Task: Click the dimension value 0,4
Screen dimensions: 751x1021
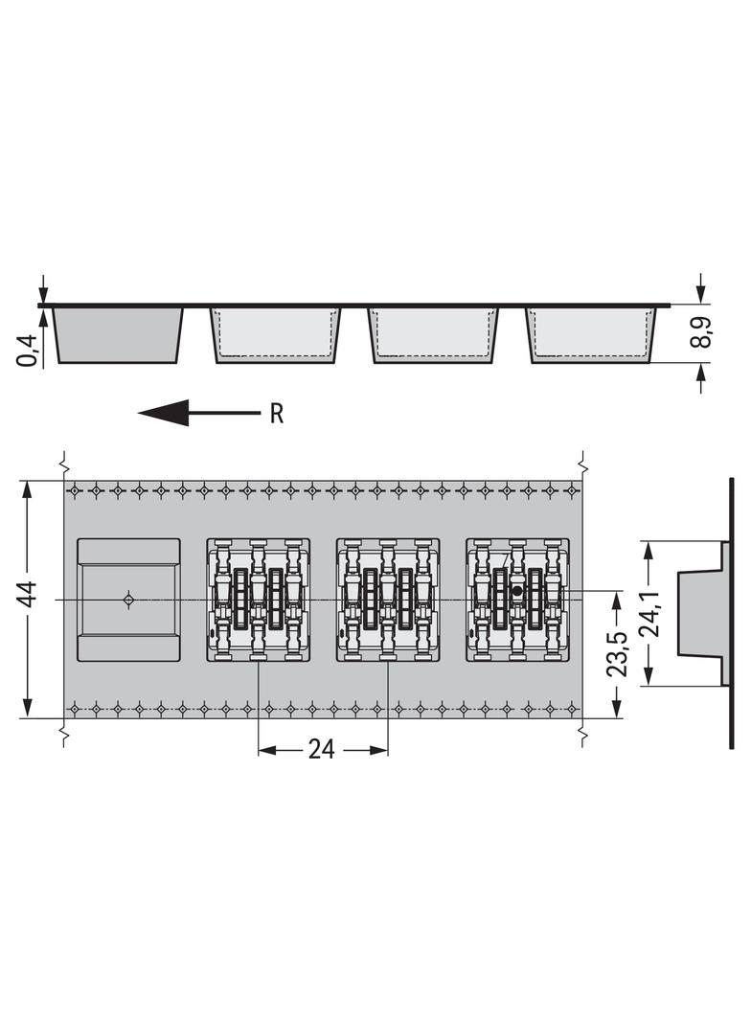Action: (28, 351)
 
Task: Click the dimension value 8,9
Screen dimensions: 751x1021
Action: (701, 332)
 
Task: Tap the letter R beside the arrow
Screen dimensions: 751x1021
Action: (277, 414)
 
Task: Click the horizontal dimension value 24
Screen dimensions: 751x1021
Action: (321, 750)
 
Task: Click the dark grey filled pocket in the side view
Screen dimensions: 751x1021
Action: (118, 334)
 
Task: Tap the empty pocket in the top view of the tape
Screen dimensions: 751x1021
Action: (128, 600)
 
